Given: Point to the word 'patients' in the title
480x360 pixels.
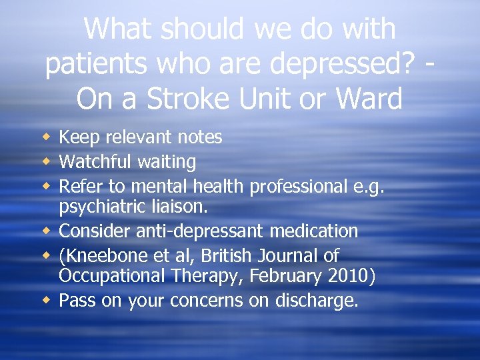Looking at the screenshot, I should pos(94,64).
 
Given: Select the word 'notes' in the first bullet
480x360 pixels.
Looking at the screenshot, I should pos(201,137).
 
